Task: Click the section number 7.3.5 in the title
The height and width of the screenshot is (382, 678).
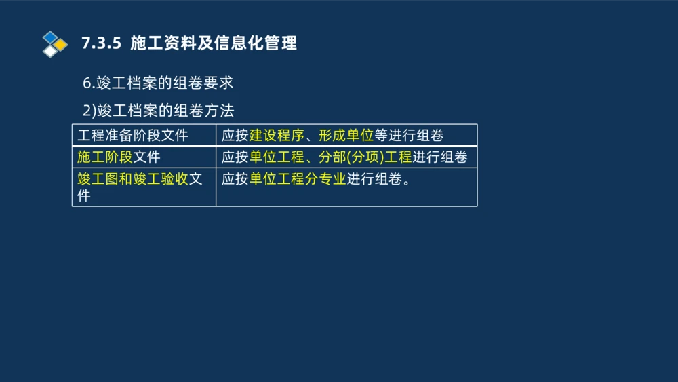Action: pos(101,43)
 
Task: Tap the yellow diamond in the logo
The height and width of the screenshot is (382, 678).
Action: pos(61,44)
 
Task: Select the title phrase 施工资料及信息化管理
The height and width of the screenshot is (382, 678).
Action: pos(214,43)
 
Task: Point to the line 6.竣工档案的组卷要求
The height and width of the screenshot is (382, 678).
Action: pos(158,83)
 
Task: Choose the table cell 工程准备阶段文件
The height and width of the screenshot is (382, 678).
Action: pos(133,135)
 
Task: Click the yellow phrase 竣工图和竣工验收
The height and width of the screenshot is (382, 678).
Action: pos(132,179)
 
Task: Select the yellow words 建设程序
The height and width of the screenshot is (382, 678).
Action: pos(277,135)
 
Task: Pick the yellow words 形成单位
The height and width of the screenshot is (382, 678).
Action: pos(346,135)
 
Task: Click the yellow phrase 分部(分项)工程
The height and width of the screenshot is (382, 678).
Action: pos(365,157)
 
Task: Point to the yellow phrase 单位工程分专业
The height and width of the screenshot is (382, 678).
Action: pos(298,179)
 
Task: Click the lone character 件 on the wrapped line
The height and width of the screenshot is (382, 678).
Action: pos(84,196)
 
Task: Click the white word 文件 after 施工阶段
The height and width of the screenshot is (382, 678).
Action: pos(146,157)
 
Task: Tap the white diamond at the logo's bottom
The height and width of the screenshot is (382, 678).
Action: pos(50,52)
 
